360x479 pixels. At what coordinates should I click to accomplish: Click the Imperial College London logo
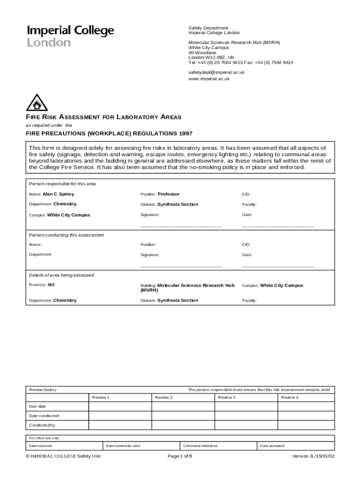click(x=70, y=36)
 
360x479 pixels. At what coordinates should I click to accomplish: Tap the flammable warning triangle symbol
click(x=37, y=103)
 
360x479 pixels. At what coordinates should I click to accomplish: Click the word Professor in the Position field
click(x=168, y=194)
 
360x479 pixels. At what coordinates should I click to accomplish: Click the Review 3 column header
click(x=226, y=397)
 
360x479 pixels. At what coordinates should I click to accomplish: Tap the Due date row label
click(x=37, y=406)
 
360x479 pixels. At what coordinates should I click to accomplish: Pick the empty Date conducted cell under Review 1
click(x=120, y=416)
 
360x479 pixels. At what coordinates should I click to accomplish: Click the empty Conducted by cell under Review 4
click(x=306, y=425)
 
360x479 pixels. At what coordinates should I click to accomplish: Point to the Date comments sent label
click(x=123, y=446)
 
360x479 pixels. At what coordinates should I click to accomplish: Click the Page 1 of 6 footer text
click(x=180, y=457)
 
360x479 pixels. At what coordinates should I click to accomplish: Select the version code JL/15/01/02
click(x=322, y=457)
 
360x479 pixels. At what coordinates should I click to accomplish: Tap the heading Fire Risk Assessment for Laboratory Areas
click(x=103, y=117)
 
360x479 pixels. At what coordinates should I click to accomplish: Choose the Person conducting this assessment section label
click(x=66, y=235)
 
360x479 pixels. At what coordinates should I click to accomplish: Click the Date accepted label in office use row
click(x=272, y=446)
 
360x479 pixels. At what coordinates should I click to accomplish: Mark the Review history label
click(x=43, y=390)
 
